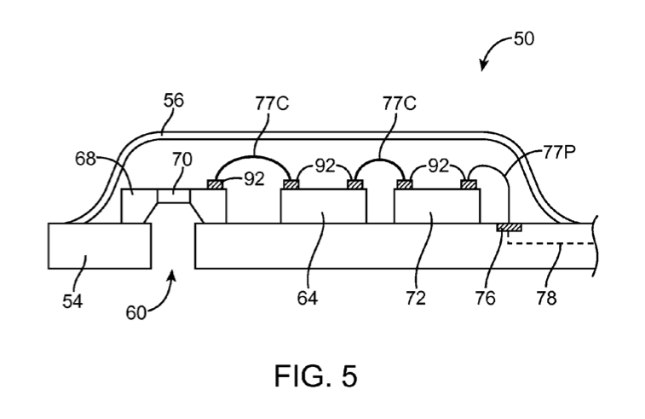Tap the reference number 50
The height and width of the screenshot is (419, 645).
(x=524, y=39)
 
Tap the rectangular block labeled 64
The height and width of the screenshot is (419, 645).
(x=324, y=207)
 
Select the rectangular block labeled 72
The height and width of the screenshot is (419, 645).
(x=437, y=207)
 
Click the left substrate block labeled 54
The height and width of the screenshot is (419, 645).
(x=99, y=246)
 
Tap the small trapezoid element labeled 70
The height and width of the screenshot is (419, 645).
(x=175, y=198)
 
